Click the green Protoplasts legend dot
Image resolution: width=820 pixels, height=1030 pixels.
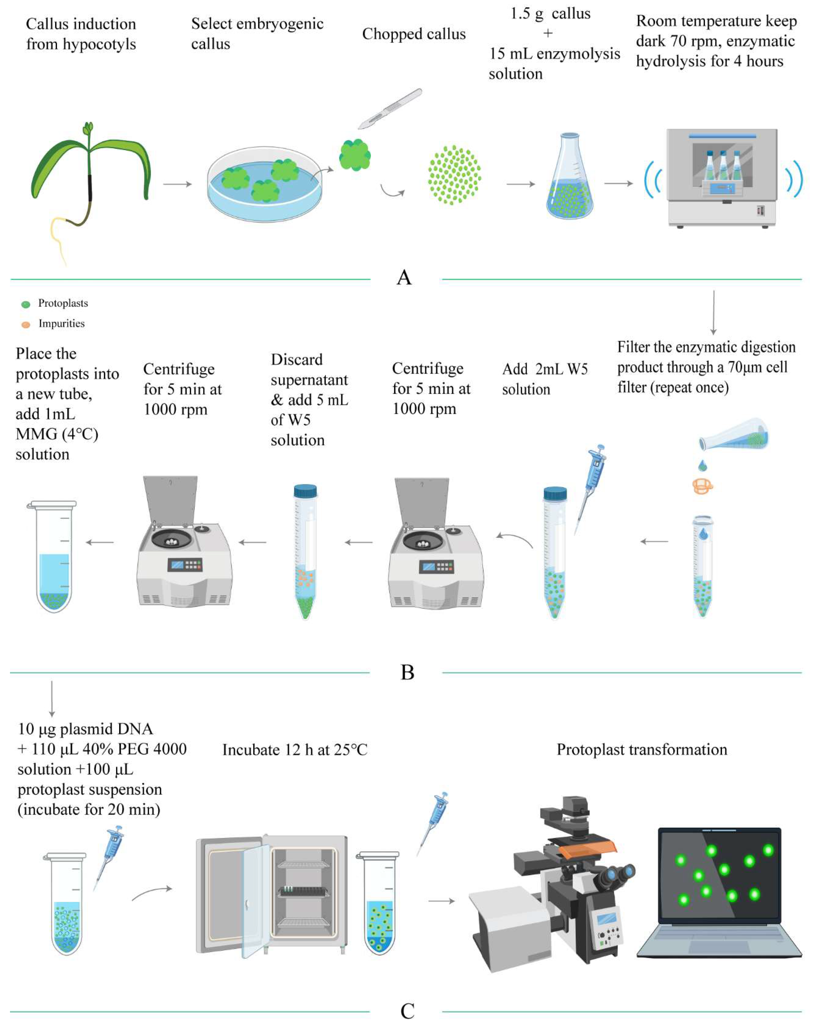(x=26, y=304)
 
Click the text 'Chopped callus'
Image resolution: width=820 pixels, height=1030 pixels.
(x=414, y=34)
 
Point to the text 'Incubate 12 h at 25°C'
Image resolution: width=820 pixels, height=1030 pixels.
(x=295, y=750)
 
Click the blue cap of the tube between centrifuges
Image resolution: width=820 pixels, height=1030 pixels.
(x=305, y=491)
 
